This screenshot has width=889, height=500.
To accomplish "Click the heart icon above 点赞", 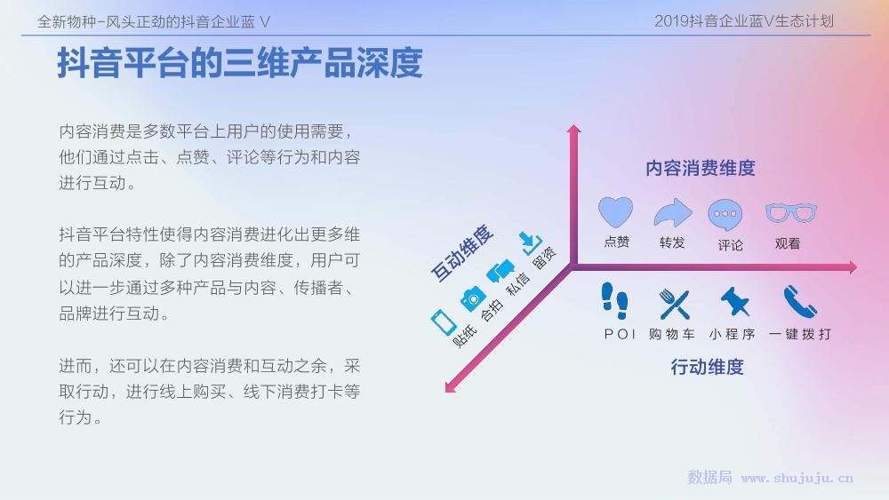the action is [616, 212].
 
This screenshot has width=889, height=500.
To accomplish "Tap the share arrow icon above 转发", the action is [673, 213].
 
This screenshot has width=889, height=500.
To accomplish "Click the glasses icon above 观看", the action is [791, 213].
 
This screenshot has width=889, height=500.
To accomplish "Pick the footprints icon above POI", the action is [615, 301].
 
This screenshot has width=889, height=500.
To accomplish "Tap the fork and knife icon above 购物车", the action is [675, 304].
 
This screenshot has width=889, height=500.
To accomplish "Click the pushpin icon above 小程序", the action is [735, 301].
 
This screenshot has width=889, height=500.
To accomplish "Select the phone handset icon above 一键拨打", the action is [800, 302].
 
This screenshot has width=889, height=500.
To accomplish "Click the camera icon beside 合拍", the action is [472, 298].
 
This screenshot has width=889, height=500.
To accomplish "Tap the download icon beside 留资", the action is [532, 243].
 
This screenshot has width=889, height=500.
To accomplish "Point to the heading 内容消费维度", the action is [701, 168].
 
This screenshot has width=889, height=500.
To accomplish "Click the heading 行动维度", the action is [707, 367].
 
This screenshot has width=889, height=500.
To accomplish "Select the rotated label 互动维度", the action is [462, 253].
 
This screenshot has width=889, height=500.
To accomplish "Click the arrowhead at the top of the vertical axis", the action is [573, 129].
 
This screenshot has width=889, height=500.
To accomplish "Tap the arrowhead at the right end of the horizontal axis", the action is [853, 267].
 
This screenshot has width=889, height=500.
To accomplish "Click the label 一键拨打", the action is [800, 334].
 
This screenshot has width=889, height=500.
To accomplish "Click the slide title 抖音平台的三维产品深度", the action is [240, 63].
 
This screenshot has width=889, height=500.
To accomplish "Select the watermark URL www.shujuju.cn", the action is [797, 479].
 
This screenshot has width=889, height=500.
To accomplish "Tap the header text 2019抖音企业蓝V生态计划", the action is [744, 21].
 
